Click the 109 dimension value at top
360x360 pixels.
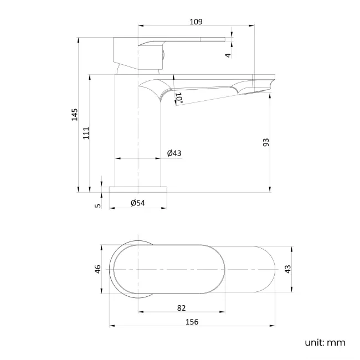[x=196, y=22]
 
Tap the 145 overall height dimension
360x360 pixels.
[x=75, y=115]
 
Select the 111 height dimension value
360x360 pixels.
[x=86, y=133]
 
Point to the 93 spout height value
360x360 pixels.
[x=266, y=142]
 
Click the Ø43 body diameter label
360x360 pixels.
[x=174, y=153]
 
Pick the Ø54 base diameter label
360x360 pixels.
[x=137, y=203]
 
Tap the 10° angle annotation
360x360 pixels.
[x=179, y=98]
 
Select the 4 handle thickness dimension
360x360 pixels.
[x=228, y=55]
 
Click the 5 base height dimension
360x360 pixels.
[x=98, y=205]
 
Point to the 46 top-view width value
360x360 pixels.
[x=98, y=269]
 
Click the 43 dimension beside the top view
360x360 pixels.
[x=287, y=269]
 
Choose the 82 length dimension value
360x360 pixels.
[x=181, y=308]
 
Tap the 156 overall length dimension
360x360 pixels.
[x=192, y=321]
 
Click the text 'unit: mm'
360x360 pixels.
[x=325, y=342]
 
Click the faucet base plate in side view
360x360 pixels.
[x=138, y=189]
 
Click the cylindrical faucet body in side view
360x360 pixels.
[x=138, y=133]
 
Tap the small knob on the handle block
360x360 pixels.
[x=163, y=54]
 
